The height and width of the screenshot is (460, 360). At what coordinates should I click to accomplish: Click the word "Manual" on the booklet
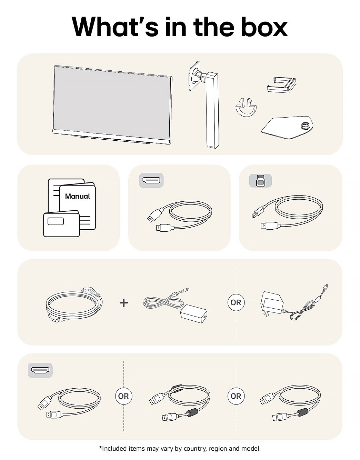click(x=78, y=196)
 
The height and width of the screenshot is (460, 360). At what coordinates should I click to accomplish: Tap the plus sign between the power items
click(x=123, y=303)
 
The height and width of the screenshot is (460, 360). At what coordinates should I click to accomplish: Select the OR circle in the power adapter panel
click(x=236, y=302)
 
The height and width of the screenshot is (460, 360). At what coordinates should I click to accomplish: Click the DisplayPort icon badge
click(x=151, y=180)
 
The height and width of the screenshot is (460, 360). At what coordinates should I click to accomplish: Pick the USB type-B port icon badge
click(x=260, y=181)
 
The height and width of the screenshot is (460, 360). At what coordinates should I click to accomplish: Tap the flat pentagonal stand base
click(x=287, y=128)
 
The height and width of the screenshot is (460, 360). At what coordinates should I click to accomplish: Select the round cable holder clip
click(x=246, y=108)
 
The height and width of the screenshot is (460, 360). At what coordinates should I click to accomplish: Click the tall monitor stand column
click(x=212, y=110)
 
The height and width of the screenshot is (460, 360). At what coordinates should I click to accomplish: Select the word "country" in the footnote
click(x=195, y=448)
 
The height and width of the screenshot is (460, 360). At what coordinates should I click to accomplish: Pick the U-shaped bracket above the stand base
click(x=281, y=85)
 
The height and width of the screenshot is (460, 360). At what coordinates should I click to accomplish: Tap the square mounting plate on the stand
click(x=194, y=76)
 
